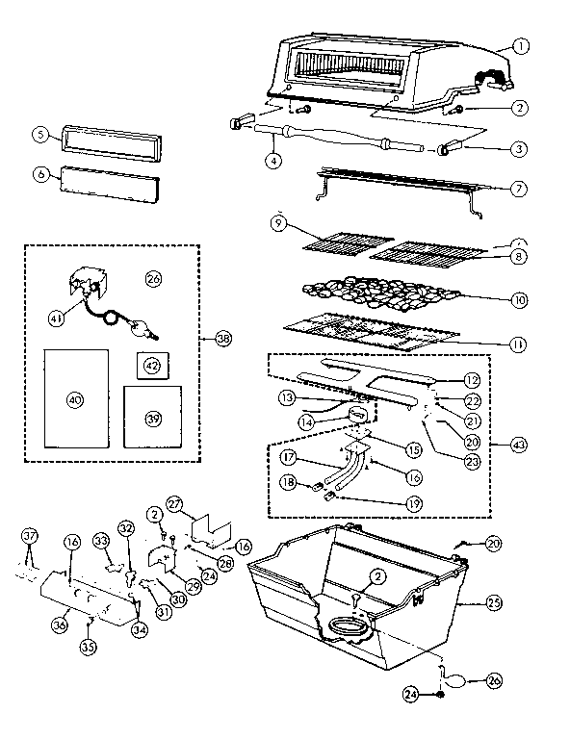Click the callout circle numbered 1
tap(521, 44)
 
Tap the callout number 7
tap(518, 188)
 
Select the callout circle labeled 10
tap(519, 300)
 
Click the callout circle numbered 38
tap(223, 338)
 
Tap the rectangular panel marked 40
tap(75, 398)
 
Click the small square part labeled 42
tap(152, 366)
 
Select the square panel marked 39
tap(152, 418)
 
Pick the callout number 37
tap(29, 536)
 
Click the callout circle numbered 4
tap(274, 160)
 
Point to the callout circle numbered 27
tap(175, 503)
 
